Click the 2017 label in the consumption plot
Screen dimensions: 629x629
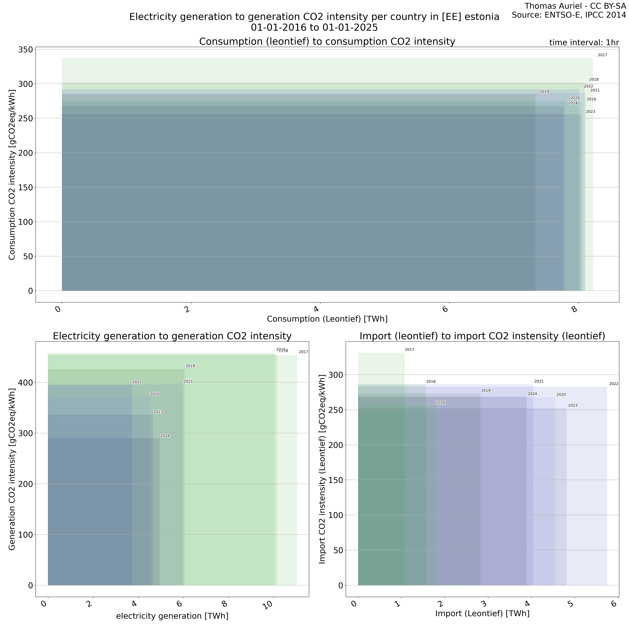602,55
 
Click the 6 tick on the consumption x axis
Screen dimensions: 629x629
446,309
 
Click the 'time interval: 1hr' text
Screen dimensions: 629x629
584,43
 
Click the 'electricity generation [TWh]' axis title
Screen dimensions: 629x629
172,616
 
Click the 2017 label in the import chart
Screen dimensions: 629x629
409,350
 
